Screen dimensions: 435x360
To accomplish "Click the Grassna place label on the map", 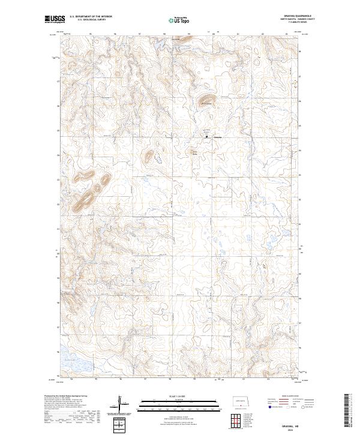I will coord(218,137).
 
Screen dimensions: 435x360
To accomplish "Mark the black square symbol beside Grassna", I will coord(208,136).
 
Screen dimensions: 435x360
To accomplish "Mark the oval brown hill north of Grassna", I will coord(206,100).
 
